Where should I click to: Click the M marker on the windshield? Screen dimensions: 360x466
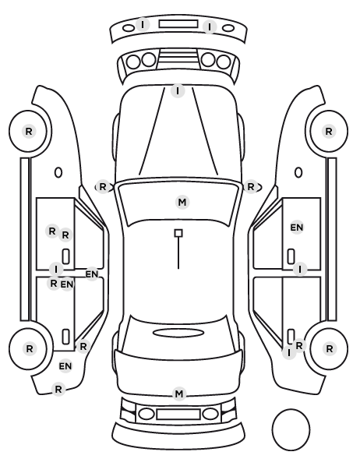click(182, 203)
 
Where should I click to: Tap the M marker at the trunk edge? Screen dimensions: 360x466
click(179, 394)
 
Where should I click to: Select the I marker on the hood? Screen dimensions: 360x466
click(178, 90)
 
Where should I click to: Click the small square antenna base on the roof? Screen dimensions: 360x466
click(178, 233)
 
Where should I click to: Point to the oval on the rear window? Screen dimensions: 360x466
click(178, 333)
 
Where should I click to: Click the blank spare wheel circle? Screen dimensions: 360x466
click(291, 429)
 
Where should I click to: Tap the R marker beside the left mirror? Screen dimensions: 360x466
click(103, 187)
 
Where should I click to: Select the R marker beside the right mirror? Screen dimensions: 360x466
click(251, 187)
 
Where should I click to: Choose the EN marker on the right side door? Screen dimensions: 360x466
click(297, 228)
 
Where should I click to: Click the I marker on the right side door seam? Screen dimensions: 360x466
click(300, 270)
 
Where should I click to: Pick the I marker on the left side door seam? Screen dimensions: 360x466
click(56, 270)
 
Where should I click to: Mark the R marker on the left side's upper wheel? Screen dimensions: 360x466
click(29, 131)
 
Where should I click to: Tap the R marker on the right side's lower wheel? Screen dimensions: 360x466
click(329, 348)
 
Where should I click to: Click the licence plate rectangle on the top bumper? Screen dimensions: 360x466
click(178, 24)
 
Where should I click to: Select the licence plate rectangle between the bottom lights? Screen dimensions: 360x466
click(178, 414)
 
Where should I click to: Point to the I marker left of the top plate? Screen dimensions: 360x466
click(143, 24)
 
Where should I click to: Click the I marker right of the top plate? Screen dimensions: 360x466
click(210, 27)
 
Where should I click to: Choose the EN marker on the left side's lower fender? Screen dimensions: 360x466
click(65, 366)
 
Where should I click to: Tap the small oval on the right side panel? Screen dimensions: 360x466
click(298, 172)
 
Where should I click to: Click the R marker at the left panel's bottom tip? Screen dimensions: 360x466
click(58, 389)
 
